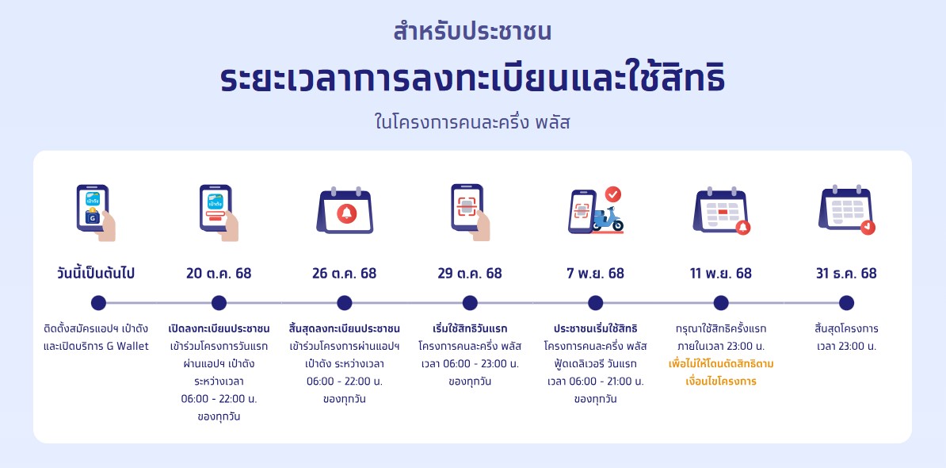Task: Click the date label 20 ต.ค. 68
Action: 219,274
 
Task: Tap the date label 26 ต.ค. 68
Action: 344,274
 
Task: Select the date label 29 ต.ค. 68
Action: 470,274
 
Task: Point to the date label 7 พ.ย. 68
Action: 595,274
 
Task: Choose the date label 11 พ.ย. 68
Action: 721,274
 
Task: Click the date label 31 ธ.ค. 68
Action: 846,274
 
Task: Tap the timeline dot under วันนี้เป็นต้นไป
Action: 98,303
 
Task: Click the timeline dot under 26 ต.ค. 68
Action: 344,303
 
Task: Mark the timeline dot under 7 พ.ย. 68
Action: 595,303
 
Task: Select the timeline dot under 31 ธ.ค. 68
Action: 846,303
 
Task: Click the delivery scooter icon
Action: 608,218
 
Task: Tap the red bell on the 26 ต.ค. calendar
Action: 346,213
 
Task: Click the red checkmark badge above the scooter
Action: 613,194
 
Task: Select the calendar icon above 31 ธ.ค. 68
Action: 845,210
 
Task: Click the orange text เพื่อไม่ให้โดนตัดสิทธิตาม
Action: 721,364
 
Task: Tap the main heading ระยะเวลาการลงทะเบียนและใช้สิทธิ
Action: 472,80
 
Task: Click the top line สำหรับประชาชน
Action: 472,33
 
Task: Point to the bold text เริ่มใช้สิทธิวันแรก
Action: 470,328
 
